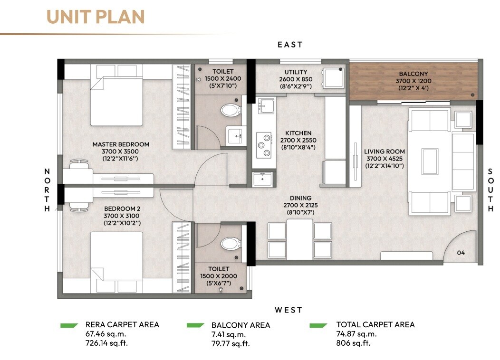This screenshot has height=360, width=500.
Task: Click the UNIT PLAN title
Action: click(x=96, y=17)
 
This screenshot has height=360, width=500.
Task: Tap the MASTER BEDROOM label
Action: click(x=121, y=144)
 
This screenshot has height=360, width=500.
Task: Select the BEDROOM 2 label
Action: click(x=122, y=208)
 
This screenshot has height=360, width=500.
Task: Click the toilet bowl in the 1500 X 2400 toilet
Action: click(x=230, y=111)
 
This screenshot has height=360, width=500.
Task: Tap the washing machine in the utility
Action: click(x=334, y=77)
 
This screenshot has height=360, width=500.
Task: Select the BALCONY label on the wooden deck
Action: click(x=413, y=74)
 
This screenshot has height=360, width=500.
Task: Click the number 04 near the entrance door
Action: click(x=461, y=253)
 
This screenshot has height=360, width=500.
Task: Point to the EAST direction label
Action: click(x=290, y=45)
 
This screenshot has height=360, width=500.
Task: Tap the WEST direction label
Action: click(x=288, y=310)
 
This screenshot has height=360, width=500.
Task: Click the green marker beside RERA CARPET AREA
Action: click(x=69, y=325)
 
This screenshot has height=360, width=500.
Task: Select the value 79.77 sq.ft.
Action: click(x=231, y=343)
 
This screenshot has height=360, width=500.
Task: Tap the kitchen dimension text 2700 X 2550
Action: click(x=298, y=141)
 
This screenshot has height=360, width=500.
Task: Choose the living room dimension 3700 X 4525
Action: click(x=384, y=159)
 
